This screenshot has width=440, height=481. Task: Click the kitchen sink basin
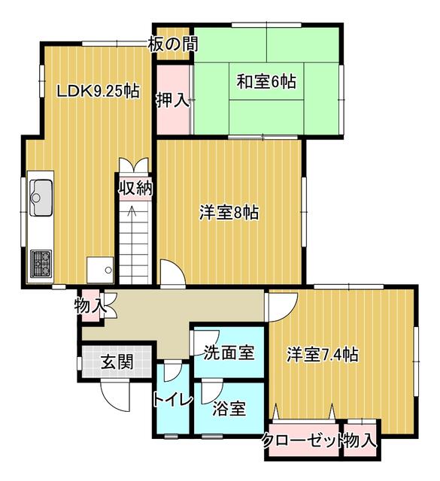(41, 198)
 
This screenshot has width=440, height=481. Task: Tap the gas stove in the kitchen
(41, 264)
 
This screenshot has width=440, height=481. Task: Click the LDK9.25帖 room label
(99, 91)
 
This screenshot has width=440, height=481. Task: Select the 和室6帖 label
(266, 82)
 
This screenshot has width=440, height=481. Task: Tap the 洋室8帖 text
(229, 212)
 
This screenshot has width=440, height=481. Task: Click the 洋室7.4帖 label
(323, 355)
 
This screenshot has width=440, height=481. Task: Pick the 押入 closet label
(172, 100)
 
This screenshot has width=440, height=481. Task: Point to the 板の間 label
(173, 44)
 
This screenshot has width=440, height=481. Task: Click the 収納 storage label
(135, 188)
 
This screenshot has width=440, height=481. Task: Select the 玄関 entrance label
(117, 362)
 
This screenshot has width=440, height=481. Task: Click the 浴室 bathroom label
(229, 409)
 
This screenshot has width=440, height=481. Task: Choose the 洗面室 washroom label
(229, 352)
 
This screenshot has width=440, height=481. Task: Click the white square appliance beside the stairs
(100, 270)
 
